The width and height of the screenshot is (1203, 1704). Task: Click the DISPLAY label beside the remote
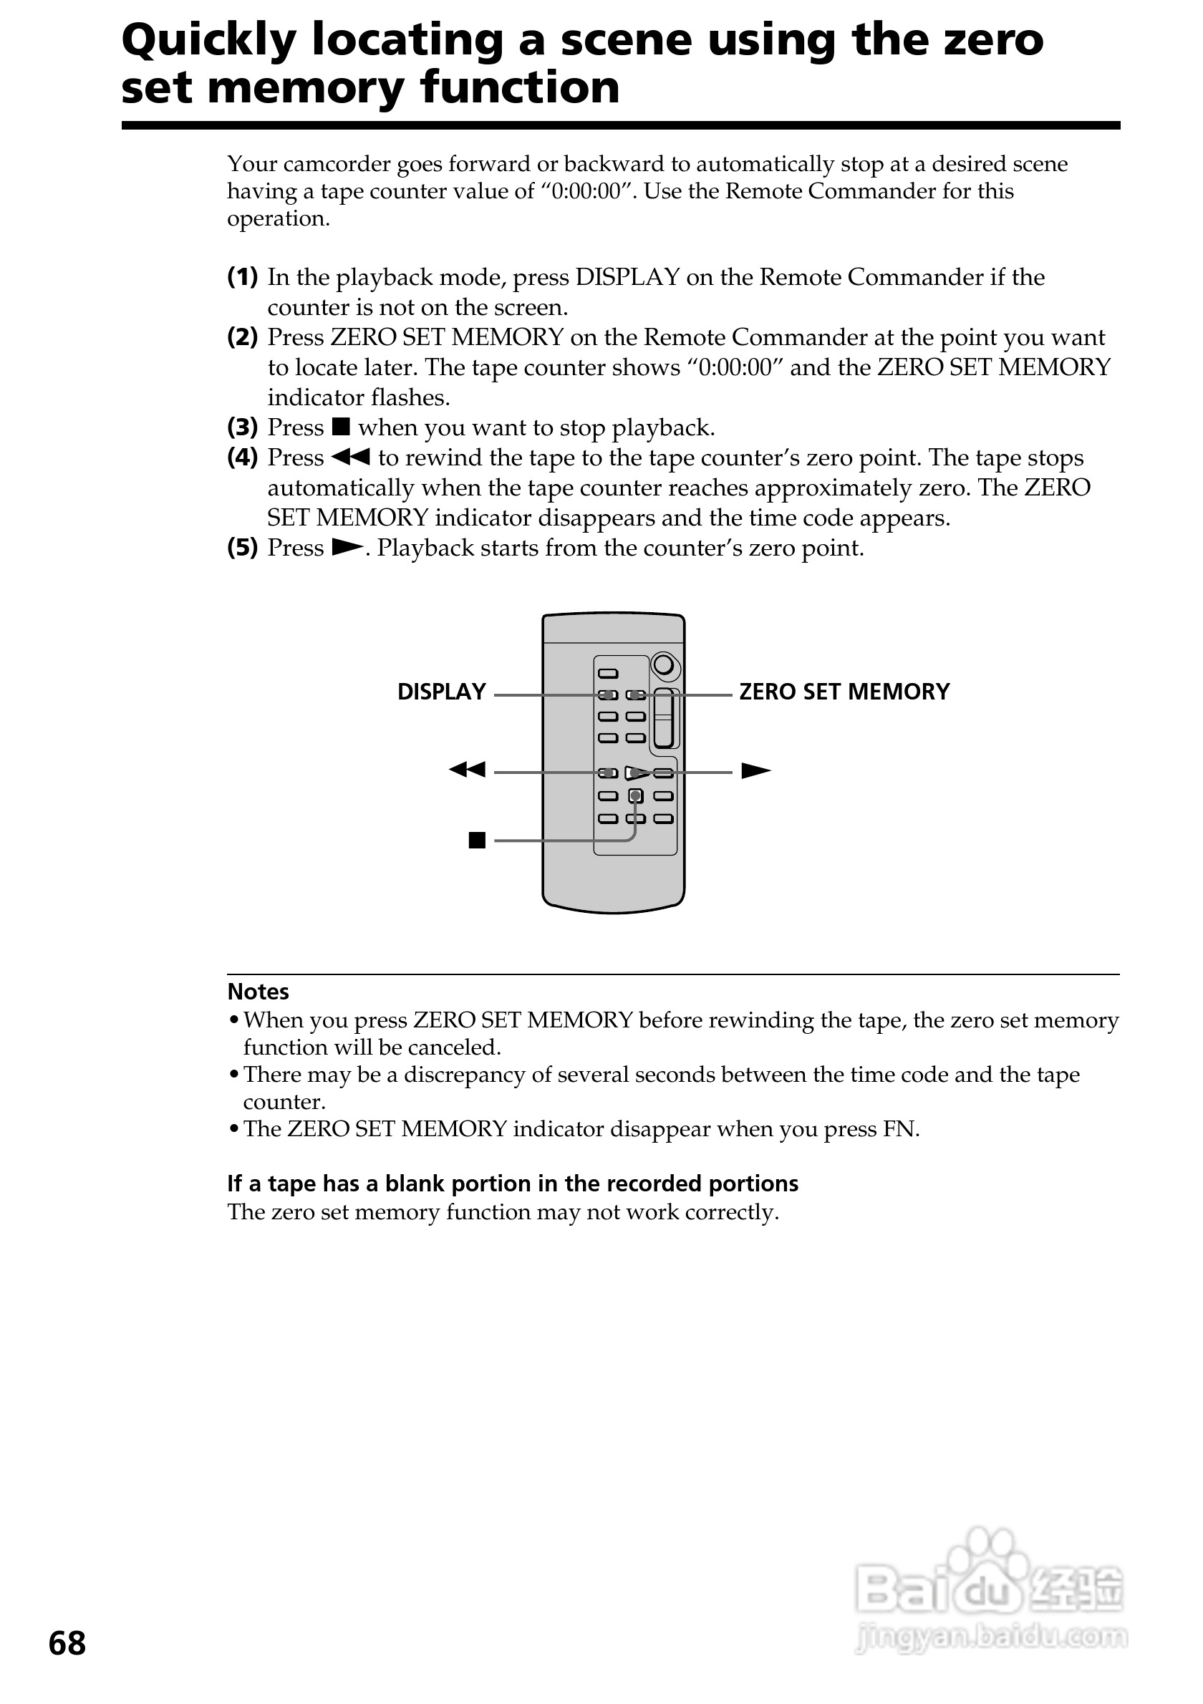[x=441, y=692]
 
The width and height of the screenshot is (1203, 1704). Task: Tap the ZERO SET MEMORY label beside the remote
[x=844, y=692]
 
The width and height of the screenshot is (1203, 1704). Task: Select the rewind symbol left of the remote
[x=467, y=770]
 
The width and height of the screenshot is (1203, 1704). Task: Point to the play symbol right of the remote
[x=755, y=771]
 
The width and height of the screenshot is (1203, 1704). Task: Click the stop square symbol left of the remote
[x=477, y=840]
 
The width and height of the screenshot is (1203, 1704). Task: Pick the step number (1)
[x=242, y=278]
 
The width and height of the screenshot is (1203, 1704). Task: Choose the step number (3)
[x=242, y=427]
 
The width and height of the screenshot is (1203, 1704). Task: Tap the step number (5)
[x=242, y=548]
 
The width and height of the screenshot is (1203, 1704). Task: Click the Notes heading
[x=258, y=992]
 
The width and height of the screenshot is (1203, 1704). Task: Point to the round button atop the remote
[x=665, y=664]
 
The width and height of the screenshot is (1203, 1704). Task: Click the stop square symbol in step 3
[x=341, y=427]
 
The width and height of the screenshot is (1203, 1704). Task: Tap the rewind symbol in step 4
[x=350, y=458]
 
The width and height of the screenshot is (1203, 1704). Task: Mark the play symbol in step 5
[x=347, y=548]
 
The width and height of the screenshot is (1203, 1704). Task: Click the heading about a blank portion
[x=512, y=1183]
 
